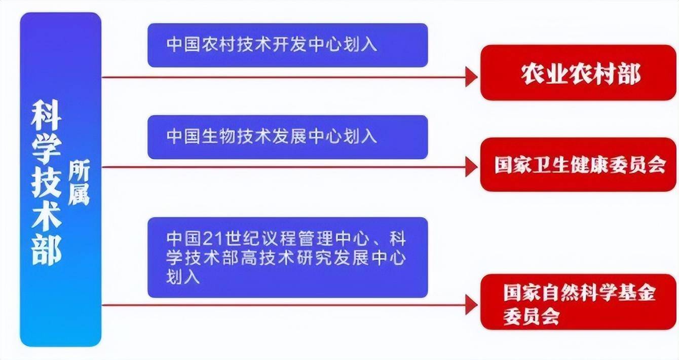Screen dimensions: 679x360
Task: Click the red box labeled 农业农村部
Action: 578,73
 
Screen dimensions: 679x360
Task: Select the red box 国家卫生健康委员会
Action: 578,164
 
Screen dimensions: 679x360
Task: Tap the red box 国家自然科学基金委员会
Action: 578,302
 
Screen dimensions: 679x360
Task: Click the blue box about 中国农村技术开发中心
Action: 288,45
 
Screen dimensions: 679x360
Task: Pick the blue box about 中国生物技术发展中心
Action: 288,137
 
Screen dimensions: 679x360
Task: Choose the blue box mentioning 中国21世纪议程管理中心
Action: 288,258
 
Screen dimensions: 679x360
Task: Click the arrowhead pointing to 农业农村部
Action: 472,77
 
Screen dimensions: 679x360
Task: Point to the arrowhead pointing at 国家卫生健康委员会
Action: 472,167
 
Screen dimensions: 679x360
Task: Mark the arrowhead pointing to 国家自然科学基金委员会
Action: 472,305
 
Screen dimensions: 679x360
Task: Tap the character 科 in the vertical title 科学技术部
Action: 47,116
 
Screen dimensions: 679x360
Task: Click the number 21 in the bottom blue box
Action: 212,239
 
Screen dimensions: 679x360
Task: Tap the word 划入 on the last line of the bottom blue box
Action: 183,277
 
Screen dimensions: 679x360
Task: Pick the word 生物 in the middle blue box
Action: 218,136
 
